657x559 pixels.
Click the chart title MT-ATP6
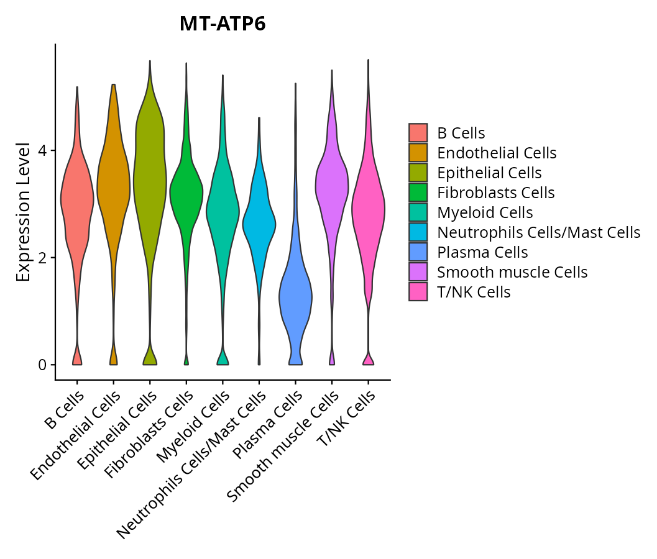(x=223, y=24)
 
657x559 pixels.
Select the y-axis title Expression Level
(x=24, y=212)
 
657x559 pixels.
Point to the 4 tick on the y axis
(x=42, y=151)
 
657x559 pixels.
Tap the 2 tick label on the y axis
(x=42, y=258)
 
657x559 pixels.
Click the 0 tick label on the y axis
(x=42, y=365)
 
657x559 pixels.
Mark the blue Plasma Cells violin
(x=295, y=298)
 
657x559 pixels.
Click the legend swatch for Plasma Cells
(x=418, y=252)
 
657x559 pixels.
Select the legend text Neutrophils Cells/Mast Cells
(x=538, y=232)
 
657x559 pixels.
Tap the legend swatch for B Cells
(x=418, y=133)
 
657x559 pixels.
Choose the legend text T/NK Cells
(x=474, y=292)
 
